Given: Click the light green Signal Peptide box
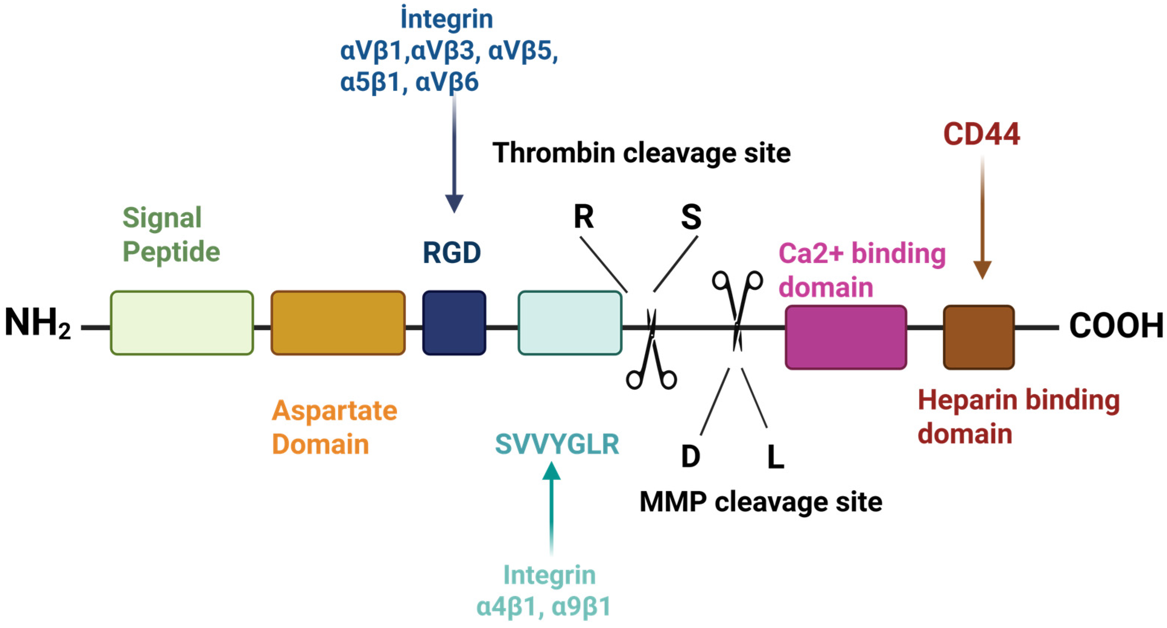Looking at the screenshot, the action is click(x=182, y=323).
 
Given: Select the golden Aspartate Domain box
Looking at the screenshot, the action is click(x=338, y=323).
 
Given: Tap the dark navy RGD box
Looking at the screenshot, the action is click(x=454, y=323).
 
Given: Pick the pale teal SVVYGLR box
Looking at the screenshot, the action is click(x=570, y=323).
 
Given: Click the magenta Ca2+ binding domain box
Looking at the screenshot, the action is click(x=846, y=337).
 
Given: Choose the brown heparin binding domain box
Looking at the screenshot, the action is click(x=979, y=337).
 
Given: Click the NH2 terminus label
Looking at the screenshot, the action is click(x=38, y=323).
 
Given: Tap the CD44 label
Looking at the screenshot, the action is click(x=982, y=134).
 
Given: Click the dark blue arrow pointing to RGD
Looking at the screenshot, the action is click(x=454, y=154).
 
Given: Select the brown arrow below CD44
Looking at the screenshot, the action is click(x=982, y=218).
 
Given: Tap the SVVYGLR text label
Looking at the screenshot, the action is click(x=557, y=444).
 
